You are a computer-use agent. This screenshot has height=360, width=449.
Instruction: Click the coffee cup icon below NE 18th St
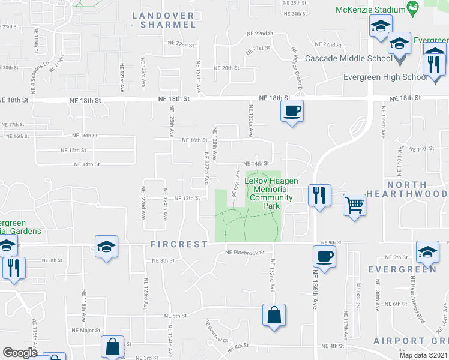(x=292, y=111)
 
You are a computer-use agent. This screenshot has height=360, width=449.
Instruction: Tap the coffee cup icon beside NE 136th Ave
(x=324, y=256)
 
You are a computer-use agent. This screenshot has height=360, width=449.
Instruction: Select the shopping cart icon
(x=354, y=205)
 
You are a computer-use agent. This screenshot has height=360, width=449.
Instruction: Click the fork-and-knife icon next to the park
(x=319, y=195)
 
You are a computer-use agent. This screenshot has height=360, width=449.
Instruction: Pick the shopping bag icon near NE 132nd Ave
(x=273, y=315)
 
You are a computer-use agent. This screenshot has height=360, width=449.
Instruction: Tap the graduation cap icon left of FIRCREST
(x=106, y=247)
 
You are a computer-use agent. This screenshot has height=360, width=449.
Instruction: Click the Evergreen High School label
(x=385, y=77)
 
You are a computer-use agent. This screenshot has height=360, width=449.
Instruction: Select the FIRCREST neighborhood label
(x=179, y=245)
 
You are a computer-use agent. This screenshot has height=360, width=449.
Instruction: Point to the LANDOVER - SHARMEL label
(x=163, y=20)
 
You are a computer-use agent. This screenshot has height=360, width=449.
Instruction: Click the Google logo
(x=20, y=353)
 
